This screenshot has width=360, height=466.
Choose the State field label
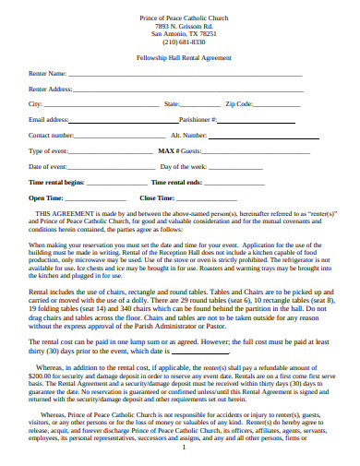click(172, 104)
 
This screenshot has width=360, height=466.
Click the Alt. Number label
click(214, 135)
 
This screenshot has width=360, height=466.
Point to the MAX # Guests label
click(179, 150)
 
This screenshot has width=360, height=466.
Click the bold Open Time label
click(46, 197)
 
